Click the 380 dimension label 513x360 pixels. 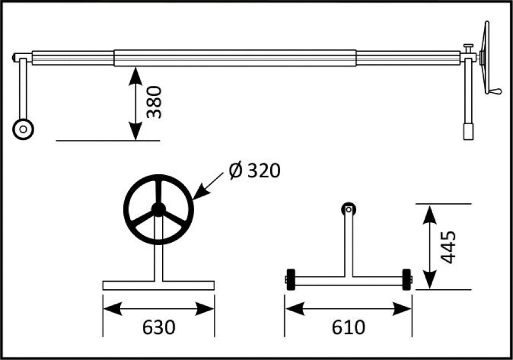154,102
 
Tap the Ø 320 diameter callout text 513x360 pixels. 255,170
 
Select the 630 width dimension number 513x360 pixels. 159,327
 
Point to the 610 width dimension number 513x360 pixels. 349,327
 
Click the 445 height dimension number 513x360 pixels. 448,247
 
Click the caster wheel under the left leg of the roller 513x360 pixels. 23,129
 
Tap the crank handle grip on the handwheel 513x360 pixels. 495,91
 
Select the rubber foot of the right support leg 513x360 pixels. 468,132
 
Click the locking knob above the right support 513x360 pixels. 468,48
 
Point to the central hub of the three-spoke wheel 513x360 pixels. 159,209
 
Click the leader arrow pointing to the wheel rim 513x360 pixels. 208,186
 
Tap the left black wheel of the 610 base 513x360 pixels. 290,279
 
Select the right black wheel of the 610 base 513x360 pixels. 407,279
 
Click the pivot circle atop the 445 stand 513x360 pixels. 349,209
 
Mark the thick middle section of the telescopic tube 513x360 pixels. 235,58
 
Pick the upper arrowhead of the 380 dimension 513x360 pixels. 135,77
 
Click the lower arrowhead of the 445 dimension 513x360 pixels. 429,280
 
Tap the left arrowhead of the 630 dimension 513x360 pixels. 113,309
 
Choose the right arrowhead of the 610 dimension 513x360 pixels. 402,309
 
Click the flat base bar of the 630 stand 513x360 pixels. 159,286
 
